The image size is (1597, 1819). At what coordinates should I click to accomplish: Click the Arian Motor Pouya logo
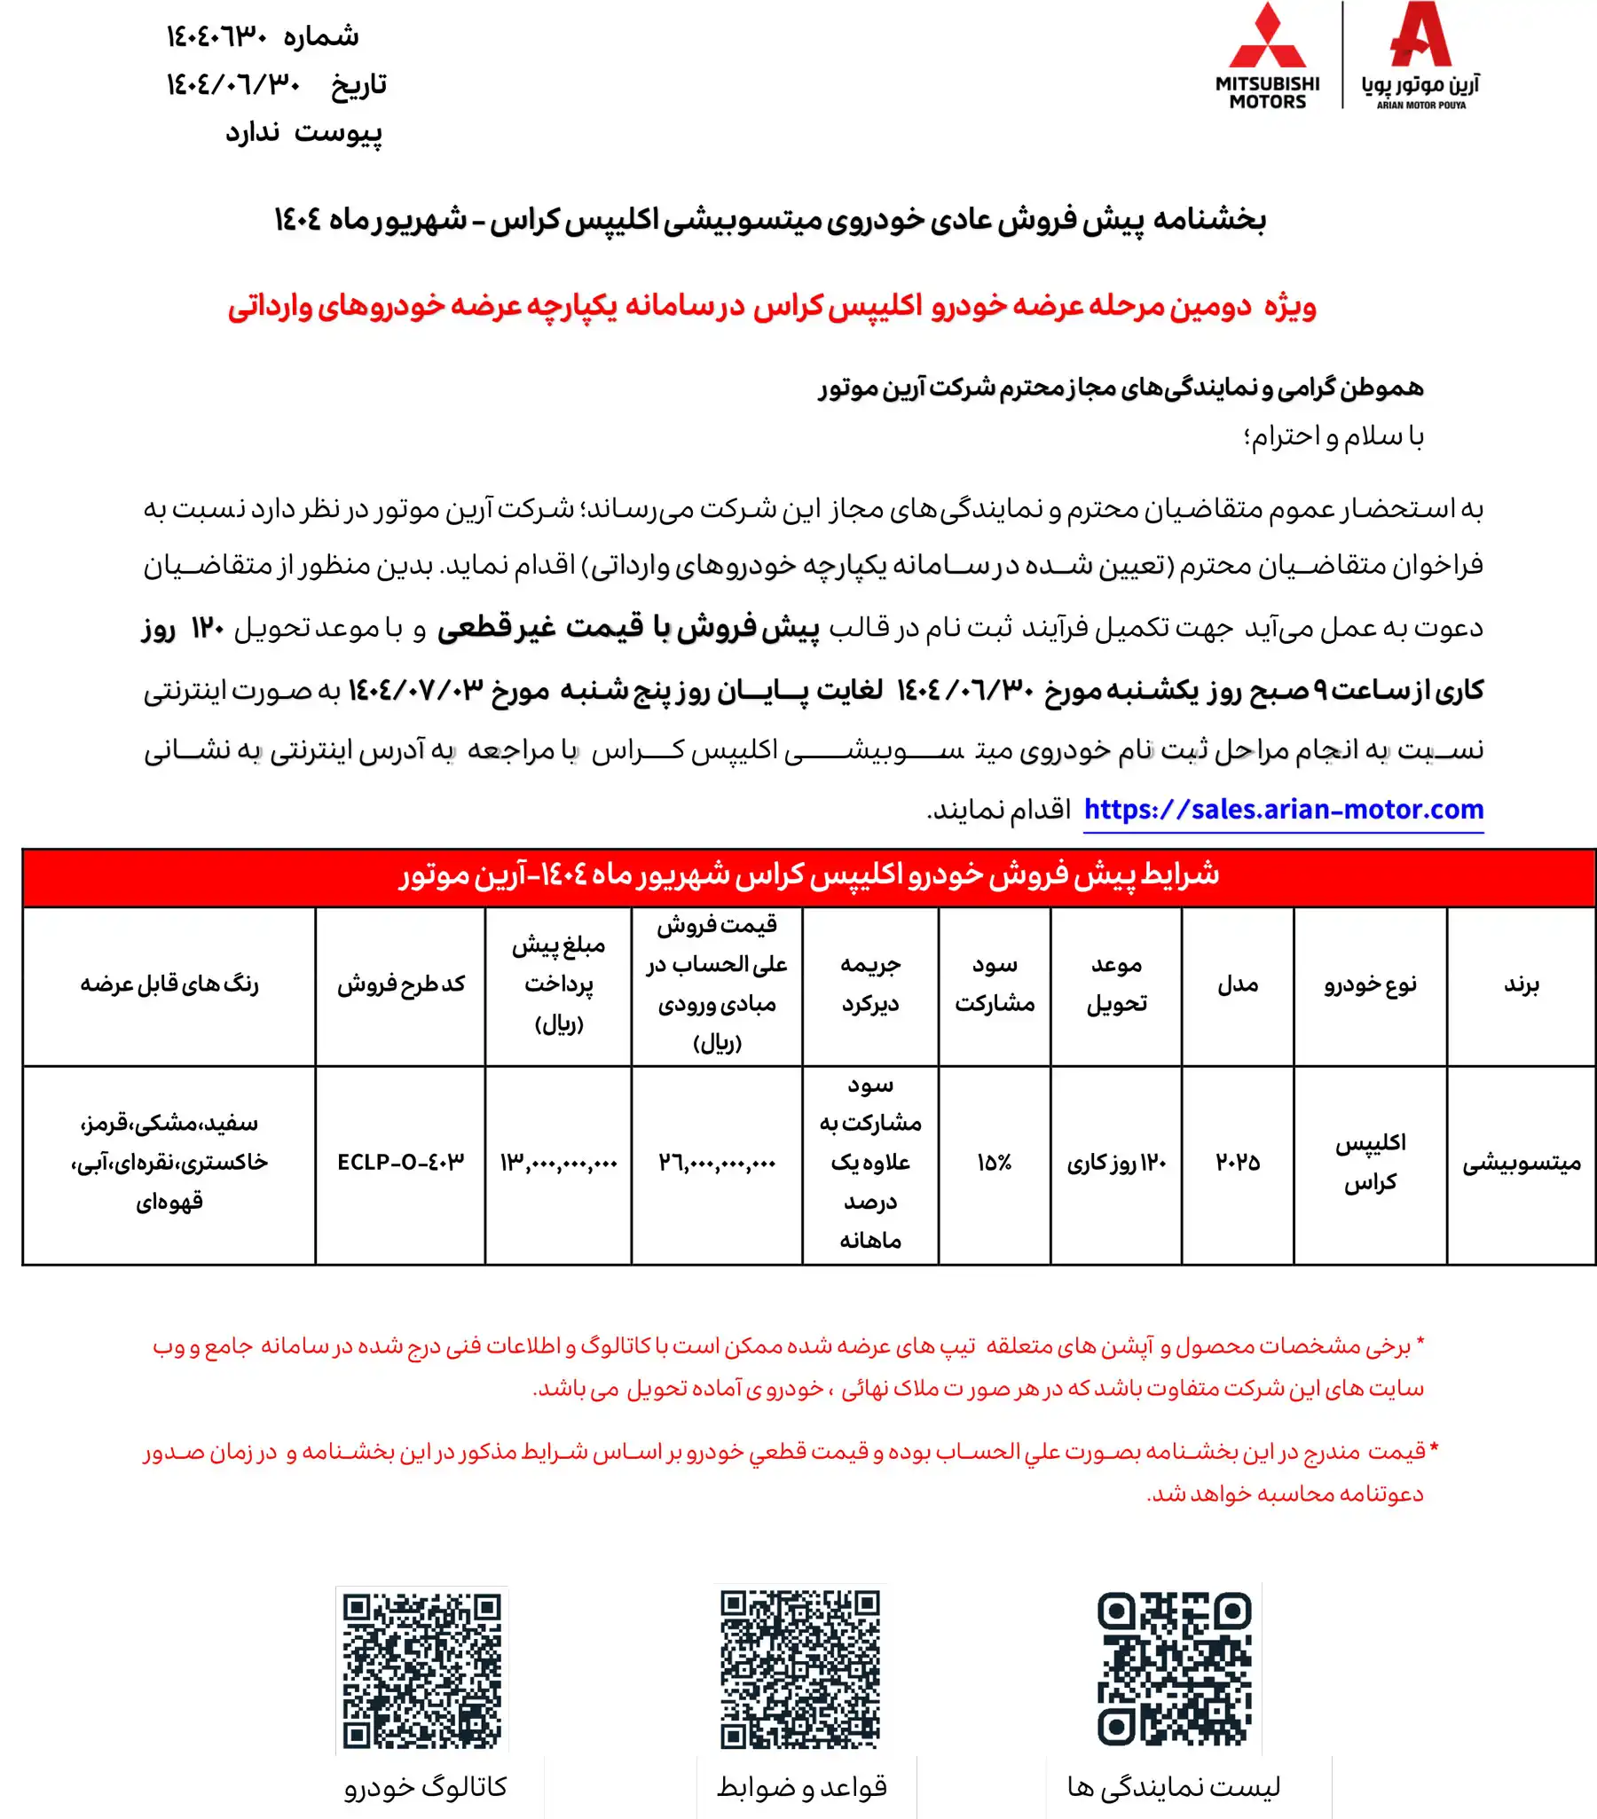pyautogui.click(x=1420, y=56)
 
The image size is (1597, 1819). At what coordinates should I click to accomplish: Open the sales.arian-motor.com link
pyautogui.click(x=1283, y=809)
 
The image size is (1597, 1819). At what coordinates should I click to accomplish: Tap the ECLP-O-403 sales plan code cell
pyautogui.click(x=401, y=1162)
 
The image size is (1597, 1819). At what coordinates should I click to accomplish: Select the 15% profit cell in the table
pyautogui.click(x=994, y=1162)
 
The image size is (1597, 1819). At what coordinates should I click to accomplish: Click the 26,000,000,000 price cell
pyautogui.click(x=717, y=1162)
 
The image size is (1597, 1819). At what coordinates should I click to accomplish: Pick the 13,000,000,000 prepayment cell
pyautogui.click(x=558, y=1162)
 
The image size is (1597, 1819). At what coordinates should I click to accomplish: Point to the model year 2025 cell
pyautogui.click(x=1238, y=1162)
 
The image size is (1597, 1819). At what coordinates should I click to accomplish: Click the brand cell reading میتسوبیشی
pyautogui.click(x=1522, y=1162)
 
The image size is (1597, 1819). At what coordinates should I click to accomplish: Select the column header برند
pyautogui.click(x=1522, y=984)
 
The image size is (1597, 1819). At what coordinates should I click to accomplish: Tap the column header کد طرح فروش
pyautogui.click(x=401, y=984)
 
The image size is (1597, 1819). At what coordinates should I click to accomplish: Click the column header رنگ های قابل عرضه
pyautogui.click(x=169, y=984)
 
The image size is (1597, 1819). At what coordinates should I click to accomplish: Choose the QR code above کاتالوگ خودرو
pyautogui.click(x=422, y=1670)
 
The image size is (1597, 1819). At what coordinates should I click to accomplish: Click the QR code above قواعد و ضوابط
pyautogui.click(x=799, y=1670)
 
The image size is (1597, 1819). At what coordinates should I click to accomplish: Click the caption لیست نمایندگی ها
pyautogui.click(x=1173, y=1787)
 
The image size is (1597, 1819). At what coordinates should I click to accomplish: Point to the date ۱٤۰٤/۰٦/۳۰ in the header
pyautogui.click(x=233, y=84)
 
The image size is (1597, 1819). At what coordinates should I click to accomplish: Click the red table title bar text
pyautogui.click(x=808, y=875)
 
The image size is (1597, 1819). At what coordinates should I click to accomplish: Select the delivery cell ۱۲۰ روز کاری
pyautogui.click(x=1116, y=1162)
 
